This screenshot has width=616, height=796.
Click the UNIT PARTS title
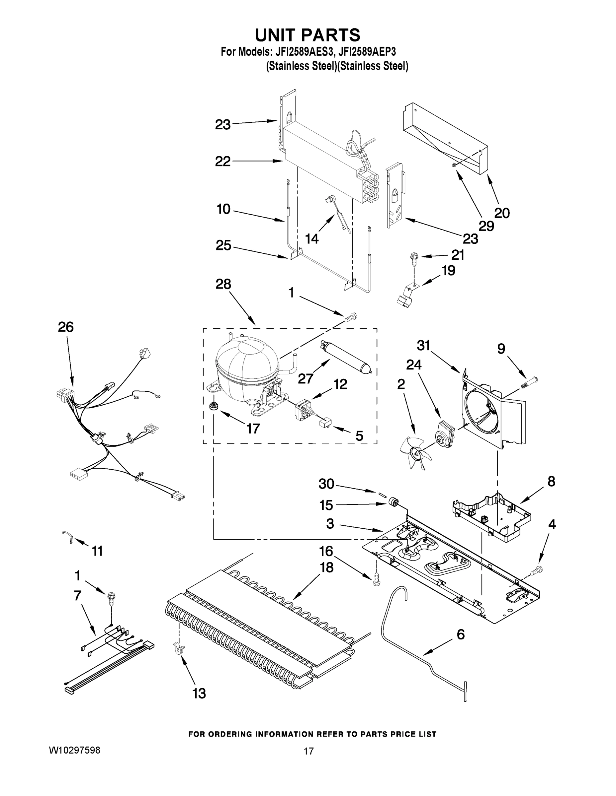click(x=307, y=35)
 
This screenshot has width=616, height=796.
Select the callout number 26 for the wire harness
click(x=66, y=327)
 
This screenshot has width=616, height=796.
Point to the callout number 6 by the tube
click(x=461, y=634)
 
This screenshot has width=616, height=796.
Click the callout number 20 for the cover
click(x=502, y=213)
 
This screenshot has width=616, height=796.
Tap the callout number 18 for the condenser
click(x=327, y=567)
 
